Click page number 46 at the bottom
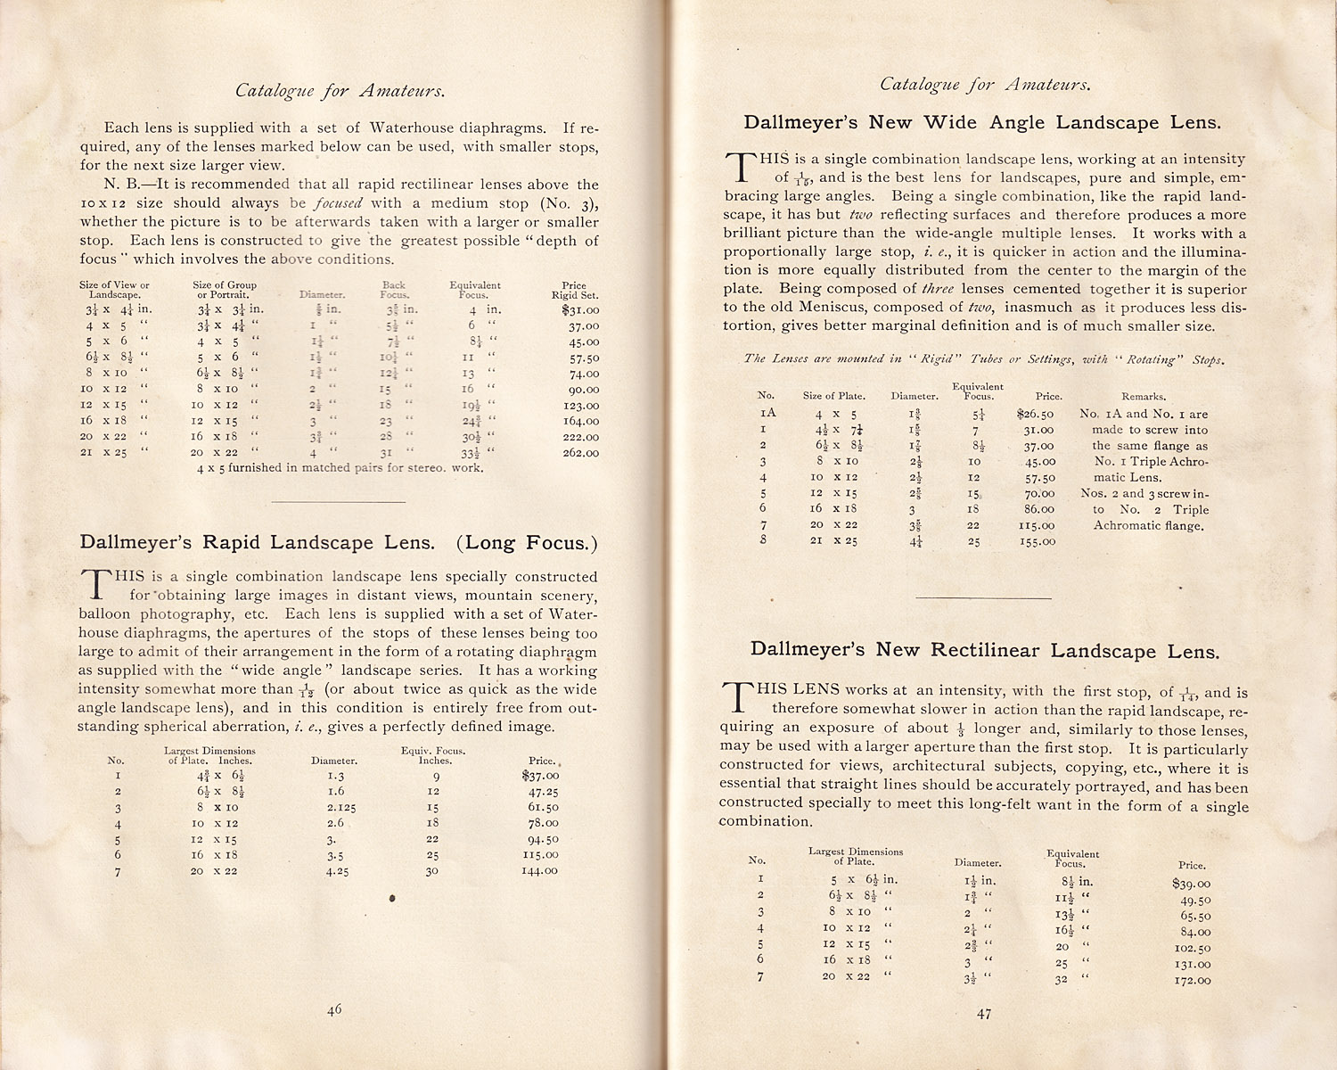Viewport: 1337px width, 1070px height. click(334, 1009)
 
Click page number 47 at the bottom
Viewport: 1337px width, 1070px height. click(983, 1013)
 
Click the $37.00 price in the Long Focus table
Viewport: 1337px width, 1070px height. click(540, 776)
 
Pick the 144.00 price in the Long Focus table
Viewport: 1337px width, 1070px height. click(539, 870)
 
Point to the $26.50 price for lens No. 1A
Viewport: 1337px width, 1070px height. click(1035, 415)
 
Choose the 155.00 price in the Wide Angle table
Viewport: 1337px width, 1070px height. click(1037, 541)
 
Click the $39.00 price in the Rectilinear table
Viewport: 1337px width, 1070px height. click(1192, 884)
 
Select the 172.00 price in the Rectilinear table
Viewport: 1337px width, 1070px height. click(1192, 980)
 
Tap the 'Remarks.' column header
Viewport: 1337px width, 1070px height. click(1144, 397)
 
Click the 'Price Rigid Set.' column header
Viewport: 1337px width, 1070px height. click(574, 290)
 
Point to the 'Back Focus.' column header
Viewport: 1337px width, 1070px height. click(394, 290)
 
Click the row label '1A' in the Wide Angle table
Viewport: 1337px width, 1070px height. click(768, 414)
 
